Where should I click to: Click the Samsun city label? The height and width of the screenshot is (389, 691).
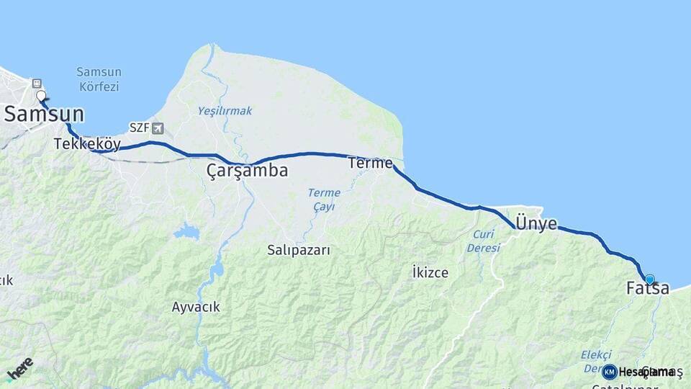tap(45, 115)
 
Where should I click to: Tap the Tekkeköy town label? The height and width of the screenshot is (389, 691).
tap(87, 144)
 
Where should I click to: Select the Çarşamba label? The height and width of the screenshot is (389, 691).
tap(247, 171)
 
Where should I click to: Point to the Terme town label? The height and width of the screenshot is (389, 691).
tap(370, 164)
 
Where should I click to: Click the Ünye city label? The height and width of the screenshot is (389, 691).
tap(536, 223)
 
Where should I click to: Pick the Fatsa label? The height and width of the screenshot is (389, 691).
tap(648, 289)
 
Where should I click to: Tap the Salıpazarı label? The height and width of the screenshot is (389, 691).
tap(298, 250)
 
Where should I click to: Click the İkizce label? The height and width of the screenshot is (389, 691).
tap(430, 272)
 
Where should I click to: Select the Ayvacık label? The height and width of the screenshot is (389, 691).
tap(196, 307)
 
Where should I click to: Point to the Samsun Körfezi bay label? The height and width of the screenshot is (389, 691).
tap(99, 79)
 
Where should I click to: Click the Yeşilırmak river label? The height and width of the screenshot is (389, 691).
tap(225, 111)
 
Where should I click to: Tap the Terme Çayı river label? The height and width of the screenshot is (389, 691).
tap(324, 200)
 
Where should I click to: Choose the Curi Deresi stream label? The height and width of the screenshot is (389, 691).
tap(483, 241)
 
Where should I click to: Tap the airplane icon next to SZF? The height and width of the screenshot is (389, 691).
tap(158, 128)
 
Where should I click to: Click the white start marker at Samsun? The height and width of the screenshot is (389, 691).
tap(41, 95)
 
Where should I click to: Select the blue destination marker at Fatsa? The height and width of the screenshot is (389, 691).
tap(650, 280)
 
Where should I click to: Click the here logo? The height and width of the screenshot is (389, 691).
tap(19, 368)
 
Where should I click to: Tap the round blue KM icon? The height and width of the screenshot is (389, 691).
tap(609, 372)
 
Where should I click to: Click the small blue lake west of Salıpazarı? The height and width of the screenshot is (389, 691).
tap(186, 232)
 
